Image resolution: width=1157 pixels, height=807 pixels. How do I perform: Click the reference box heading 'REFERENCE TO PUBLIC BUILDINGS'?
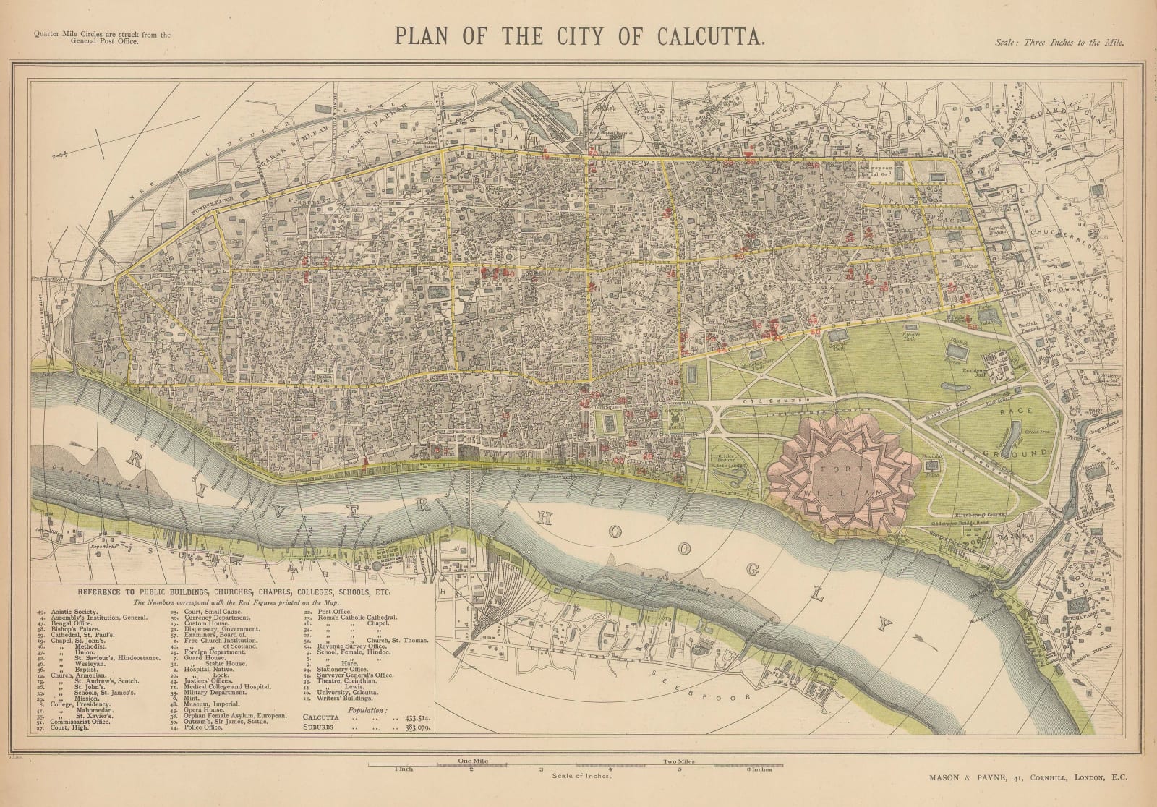click(x=231, y=592)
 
